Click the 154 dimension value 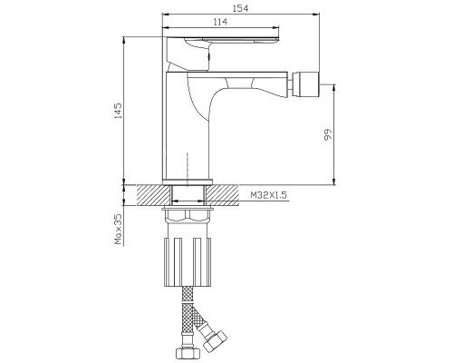240,8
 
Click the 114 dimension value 220,22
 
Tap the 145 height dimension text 118,111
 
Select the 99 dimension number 327,134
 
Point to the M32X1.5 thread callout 268,195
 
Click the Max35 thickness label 118,229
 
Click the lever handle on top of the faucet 222,54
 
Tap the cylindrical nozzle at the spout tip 307,84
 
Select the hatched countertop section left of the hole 153,195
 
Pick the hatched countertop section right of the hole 223,195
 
